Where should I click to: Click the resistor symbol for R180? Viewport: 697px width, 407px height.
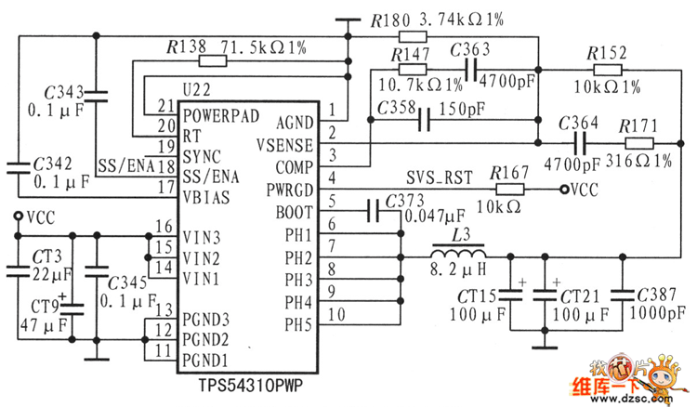[x=413, y=36]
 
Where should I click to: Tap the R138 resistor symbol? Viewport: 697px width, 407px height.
[x=213, y=61]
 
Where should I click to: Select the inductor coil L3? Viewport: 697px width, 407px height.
[x=458, y=253]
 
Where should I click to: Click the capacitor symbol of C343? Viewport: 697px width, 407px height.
[x=96, y=97]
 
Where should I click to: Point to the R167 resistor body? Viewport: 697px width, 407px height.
[x=510, y=190]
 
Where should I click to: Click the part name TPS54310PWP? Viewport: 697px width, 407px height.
[x=250, y=386]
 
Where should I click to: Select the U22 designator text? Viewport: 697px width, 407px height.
[x=196, y=90]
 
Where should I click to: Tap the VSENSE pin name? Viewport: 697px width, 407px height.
[x=284, y=146]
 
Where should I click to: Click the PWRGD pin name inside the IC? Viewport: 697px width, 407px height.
[x=289, y=190]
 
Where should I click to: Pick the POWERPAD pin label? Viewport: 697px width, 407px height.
[x=221, y=116]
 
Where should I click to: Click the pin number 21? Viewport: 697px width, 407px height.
[x=166, y=106]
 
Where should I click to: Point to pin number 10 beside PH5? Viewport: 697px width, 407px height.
[x=336, y=315]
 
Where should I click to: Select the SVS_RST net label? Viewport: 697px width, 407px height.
[x=440, y=177]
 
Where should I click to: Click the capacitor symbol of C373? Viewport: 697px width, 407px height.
[x=374, y=211]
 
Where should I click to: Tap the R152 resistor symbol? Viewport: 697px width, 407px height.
[x=608, y=70]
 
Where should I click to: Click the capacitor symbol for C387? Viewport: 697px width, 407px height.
[x=623, y=295]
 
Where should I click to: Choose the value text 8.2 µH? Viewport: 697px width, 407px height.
[x=458, y=269]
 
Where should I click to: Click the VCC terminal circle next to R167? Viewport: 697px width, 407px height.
[x=564, y=190]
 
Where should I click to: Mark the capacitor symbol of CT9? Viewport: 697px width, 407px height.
[x=72, y=309]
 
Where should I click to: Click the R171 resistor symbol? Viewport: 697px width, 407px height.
[x=639, y=143]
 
